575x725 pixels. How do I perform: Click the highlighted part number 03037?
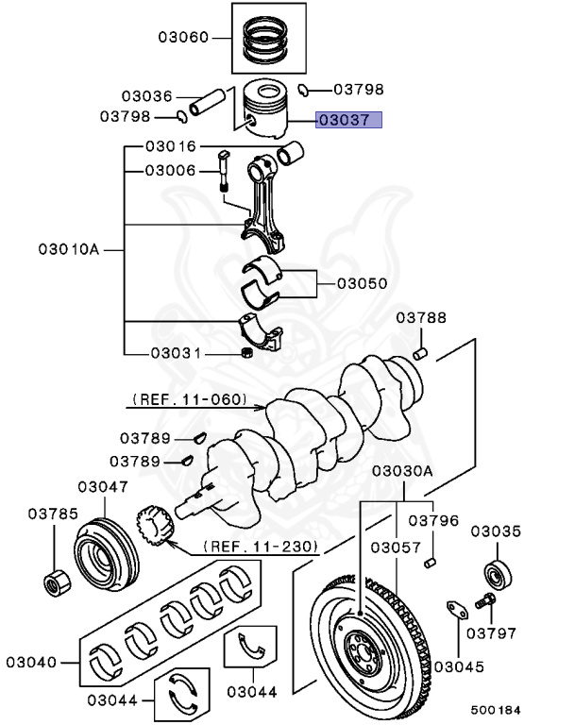(348, 120)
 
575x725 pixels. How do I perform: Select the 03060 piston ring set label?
(183, 38)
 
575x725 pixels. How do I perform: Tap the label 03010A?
(68, 250)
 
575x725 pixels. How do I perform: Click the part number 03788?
(421, 317)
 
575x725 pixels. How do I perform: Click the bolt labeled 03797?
(485, 600)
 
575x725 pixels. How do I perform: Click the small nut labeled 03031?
(248, 353)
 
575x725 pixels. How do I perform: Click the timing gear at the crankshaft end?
(153, 528)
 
